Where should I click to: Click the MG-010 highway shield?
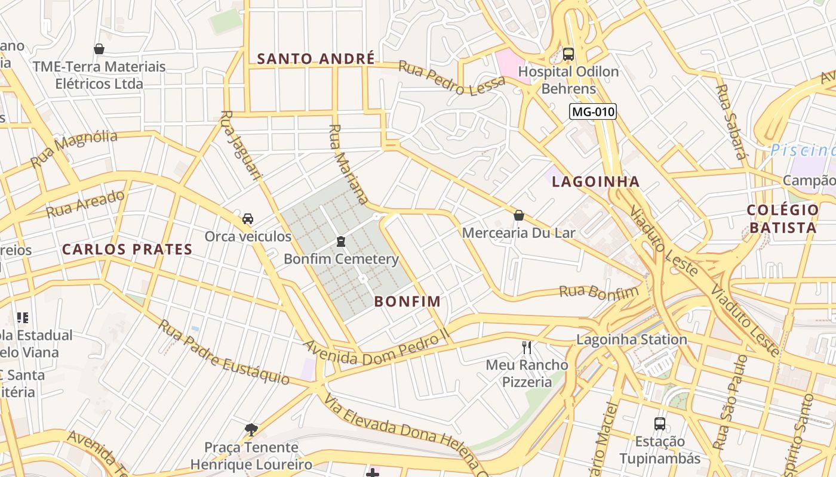592,111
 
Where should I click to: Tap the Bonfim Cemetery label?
341,259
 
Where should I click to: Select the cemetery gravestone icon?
340,241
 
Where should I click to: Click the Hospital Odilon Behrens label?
568,80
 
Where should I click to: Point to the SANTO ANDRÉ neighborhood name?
316,58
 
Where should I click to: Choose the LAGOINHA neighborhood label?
596,182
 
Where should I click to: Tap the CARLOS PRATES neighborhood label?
127,249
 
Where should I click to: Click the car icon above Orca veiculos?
248,219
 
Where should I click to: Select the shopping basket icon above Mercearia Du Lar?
519,215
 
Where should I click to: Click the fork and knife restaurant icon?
527,347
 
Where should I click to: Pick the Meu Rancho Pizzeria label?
527,373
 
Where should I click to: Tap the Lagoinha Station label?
632,340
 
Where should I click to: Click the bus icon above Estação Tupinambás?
660,424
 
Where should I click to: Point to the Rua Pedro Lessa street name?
451,78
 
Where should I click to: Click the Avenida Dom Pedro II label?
376,350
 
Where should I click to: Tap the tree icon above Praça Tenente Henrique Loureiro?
251,429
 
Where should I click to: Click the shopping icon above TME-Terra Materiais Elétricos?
99,49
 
